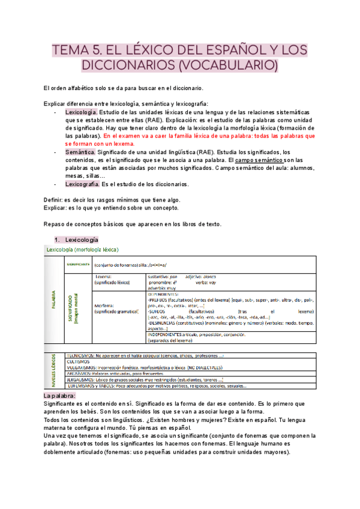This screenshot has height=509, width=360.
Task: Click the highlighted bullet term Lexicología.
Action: (x=80, y=112)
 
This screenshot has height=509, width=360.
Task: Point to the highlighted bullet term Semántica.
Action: (x=80, y=152)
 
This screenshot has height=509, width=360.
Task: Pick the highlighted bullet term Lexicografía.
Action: (x=83, y=184)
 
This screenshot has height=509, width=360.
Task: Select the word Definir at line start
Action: (x=56, y=200)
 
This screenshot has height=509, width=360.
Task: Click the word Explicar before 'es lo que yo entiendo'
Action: (x=58, y=208)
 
